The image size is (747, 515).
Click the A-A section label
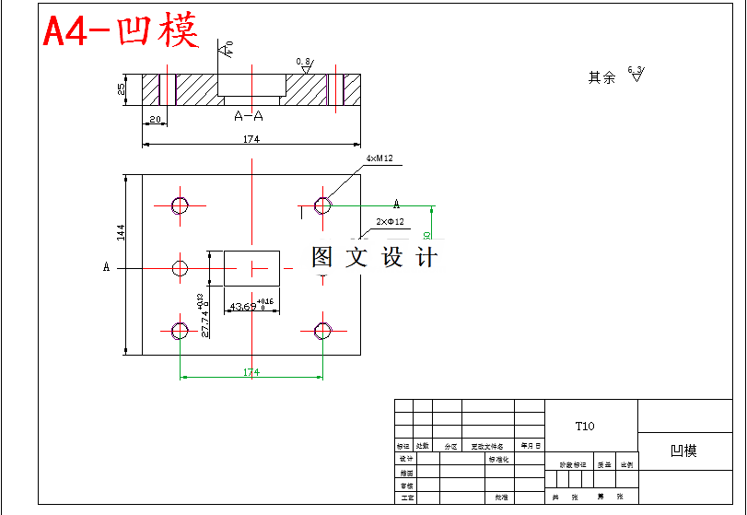point(249,116)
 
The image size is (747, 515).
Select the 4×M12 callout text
point(379,159)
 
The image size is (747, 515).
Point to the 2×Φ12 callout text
point(390,222)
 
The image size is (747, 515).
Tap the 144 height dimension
point(120,231)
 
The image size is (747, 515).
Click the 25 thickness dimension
point(121,89)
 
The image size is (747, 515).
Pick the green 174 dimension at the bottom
point(251,372)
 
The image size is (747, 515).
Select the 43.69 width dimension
point(244,306)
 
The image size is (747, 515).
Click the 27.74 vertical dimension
point(204,320)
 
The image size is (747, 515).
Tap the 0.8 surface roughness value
point(302,62)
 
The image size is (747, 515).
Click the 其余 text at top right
point(601,78)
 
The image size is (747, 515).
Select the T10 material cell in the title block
point(585,426)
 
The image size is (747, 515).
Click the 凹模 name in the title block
point(683,451)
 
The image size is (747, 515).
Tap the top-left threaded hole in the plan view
point(180,204)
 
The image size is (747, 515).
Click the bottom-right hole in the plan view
point(322,331)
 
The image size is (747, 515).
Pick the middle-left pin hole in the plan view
point(180,267)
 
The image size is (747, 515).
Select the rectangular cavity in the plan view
point(251,267)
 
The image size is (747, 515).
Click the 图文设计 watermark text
point(374,257)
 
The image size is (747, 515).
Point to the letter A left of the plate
point(107,267)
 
